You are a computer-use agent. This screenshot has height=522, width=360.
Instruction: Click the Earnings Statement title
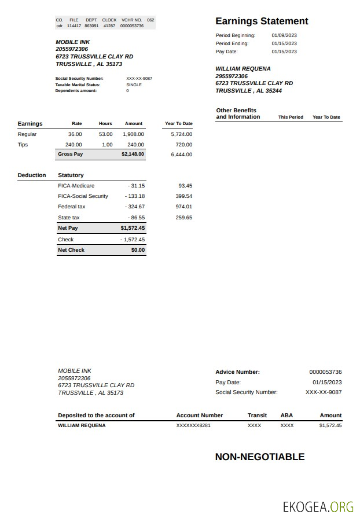point(262,21)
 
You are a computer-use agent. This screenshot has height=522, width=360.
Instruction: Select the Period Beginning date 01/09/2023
point(284,35)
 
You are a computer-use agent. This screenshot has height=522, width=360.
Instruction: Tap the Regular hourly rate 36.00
point(75,134)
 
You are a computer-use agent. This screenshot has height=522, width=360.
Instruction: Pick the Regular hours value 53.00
point(105,134)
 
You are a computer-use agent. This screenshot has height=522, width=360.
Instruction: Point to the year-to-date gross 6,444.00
point(181,155)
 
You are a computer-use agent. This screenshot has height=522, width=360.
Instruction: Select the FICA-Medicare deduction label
point(76,186)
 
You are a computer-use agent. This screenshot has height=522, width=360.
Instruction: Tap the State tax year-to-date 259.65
point(183,218)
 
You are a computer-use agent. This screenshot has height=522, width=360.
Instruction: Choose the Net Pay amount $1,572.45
point(133,228)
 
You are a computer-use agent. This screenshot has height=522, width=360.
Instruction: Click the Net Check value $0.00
point(138,250)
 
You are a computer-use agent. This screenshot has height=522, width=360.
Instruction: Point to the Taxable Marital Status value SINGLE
point(134,84)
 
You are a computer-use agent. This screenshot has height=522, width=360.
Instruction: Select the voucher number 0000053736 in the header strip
point(132,26)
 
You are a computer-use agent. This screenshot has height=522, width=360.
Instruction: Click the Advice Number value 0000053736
point(325,372)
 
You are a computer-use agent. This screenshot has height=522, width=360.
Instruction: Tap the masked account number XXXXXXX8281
point(193,425)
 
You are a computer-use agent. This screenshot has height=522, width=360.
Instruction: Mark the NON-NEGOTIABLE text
point(259,457)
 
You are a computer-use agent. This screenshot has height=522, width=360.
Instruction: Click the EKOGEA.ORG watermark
point(318,507)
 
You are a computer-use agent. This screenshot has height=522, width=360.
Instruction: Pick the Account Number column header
point(199,416)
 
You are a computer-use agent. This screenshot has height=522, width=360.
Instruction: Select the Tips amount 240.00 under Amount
point(135,145)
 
